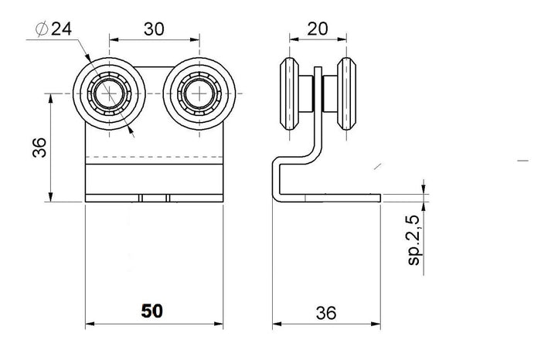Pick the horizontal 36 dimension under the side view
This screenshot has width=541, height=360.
[x=326, y=311]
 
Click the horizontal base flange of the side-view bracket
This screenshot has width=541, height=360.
[x=340, y=199]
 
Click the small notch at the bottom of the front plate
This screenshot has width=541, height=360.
[x=155, y=199]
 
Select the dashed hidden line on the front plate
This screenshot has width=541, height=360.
[x=155, y=160]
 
